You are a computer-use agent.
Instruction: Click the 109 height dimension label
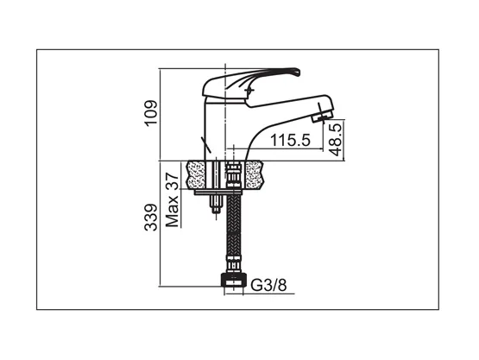point(152,113)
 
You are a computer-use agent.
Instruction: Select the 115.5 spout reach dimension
point(290,140)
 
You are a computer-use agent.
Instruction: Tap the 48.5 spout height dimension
point(336,140)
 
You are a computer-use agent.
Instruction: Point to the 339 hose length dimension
point(151,218)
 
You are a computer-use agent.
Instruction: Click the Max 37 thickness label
point(172,200)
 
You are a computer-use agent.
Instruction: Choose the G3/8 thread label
point(268,286)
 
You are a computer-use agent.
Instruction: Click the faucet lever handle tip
point(296,73)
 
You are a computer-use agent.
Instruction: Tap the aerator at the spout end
point(323,117)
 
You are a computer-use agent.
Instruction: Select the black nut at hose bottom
point(234,281)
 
